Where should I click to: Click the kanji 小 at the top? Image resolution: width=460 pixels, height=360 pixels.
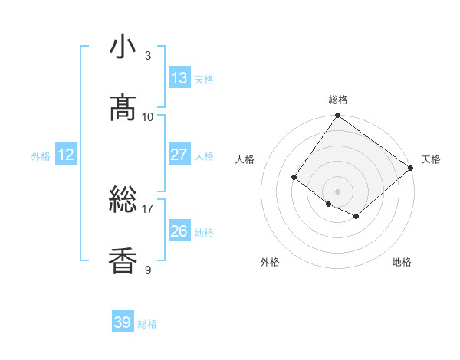123,47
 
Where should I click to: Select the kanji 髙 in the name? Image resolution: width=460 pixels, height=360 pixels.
123,108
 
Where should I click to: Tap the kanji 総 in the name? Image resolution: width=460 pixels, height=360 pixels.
123,201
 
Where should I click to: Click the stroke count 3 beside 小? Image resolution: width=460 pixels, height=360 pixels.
148,55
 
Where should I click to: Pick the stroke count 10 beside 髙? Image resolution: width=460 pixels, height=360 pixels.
148,116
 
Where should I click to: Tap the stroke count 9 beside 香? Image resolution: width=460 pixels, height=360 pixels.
148,270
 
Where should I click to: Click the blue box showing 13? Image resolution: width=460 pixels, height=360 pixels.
179,78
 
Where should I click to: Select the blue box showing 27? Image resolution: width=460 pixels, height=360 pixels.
179,155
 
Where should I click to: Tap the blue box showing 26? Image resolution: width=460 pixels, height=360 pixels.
179,231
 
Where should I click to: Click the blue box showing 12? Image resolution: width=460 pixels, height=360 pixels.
66,155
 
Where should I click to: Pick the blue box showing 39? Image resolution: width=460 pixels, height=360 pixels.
123,322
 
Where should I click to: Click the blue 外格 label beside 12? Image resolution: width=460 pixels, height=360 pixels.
41,156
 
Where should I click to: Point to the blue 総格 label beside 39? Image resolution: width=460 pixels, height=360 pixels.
147,324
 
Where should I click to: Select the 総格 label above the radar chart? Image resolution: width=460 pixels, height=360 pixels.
338,100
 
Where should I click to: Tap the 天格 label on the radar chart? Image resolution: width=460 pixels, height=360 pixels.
431,159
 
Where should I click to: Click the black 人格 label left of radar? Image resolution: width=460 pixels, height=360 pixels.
245,159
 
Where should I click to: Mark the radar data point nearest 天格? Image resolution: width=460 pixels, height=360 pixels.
411,168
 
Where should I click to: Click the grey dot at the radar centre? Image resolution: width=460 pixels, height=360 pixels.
338,191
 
